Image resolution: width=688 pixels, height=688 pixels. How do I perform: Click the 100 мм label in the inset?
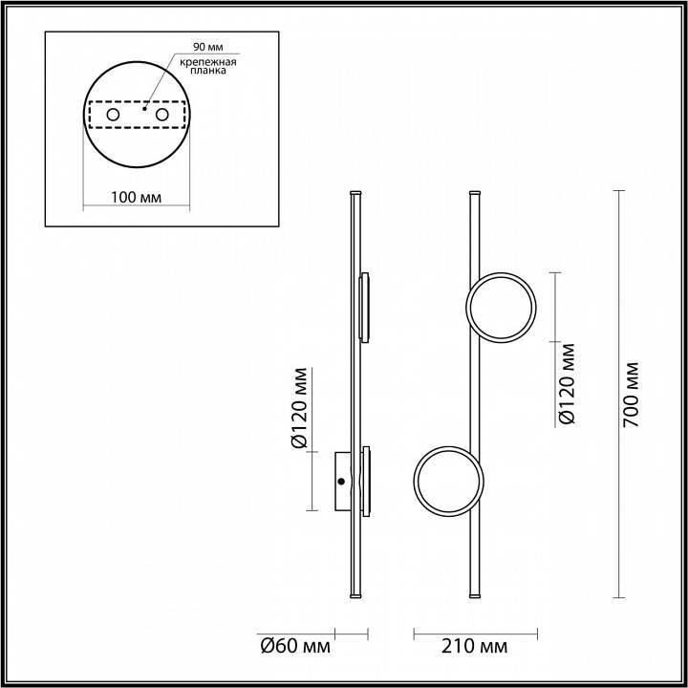click(136, 198)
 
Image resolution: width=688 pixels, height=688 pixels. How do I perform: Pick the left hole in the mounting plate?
click(113, 116)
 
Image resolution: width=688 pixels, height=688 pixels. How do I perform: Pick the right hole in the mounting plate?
click(162, 116)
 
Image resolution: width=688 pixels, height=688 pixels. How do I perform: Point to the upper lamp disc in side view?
click(363, 307)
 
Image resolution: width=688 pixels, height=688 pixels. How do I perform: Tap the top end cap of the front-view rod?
click(475, 194)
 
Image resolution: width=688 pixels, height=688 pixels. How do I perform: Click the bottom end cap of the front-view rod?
click(475, 596)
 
